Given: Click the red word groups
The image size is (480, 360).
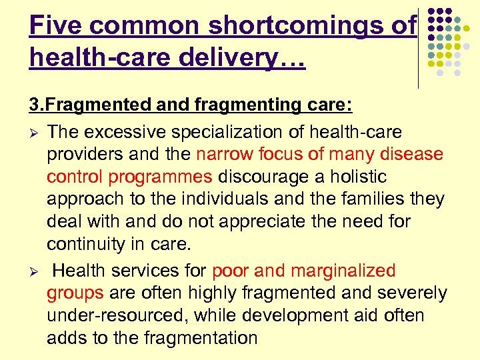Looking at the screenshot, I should (x=75, y=293).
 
